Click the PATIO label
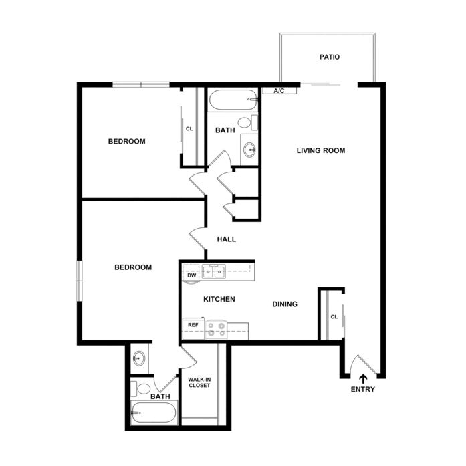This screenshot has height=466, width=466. pos(330,57)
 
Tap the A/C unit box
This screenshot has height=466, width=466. pos(279,90)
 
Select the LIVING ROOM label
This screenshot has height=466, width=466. pos(321,150)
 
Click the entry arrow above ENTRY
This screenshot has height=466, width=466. pos(363,379)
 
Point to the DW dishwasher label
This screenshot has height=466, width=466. pos(192,275)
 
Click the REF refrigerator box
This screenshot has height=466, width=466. pos(193,328)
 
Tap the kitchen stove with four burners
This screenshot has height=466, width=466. pos(216,330)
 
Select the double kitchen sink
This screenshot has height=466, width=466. pos(214,271)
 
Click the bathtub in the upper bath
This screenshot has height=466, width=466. pos(233,100)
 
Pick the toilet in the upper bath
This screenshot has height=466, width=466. pos(247,122)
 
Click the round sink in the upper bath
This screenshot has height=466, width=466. pos(249,150)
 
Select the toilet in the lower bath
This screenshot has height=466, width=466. pos(140,388)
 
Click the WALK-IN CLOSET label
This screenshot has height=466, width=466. pos(199,382)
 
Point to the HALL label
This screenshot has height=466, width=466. pos(227,239)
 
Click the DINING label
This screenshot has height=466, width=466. pos(285,304)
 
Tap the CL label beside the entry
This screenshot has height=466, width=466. pos(334,317)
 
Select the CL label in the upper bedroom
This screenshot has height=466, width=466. pos(189,129)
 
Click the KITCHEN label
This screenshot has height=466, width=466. pos(219,299)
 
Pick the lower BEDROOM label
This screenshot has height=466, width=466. pos(133,267)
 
